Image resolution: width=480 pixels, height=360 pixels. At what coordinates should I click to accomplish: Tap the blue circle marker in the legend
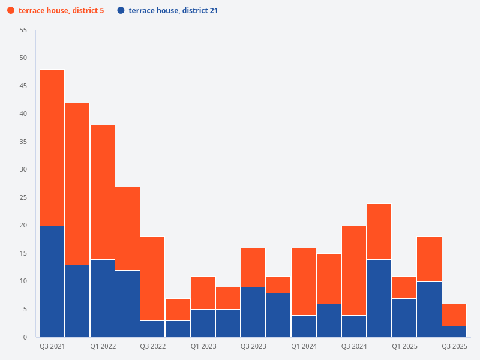point(121,11)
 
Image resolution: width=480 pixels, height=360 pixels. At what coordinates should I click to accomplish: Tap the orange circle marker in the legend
point(11,11)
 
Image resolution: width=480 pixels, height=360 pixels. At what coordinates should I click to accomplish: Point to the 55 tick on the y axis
point(23,30)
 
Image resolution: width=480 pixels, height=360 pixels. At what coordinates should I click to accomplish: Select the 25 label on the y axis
point(23,197)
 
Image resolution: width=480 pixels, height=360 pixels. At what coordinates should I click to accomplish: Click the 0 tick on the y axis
point(25,337)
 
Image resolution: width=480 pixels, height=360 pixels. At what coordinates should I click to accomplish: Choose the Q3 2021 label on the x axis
point(52,346)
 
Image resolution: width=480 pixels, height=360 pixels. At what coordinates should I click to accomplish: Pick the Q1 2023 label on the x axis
point(203,346)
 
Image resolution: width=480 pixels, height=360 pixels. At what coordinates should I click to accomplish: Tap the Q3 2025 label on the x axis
point(454,346)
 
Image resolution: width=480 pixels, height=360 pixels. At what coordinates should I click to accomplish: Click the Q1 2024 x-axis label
point(304,346)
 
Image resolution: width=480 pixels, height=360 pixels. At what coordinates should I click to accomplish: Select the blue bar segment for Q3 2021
point(52,281)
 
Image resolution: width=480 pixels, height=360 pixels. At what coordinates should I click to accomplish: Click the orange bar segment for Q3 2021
point(52,148)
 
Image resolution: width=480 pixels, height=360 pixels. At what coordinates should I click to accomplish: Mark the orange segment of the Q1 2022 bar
point(103,192)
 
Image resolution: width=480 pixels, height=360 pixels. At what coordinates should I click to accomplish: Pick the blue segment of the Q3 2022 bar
point(153,329)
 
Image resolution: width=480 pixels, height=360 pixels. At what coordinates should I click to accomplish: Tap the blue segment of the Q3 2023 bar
point(253,312)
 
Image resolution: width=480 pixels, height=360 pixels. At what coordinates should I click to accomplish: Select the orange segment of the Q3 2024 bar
point(354,270)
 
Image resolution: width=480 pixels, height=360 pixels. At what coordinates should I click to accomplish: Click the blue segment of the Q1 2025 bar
point(404,317)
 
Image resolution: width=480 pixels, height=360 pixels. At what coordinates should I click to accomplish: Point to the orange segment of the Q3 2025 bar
point(454,315)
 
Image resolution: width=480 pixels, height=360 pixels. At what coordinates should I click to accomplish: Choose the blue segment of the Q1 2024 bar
point(304,326)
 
